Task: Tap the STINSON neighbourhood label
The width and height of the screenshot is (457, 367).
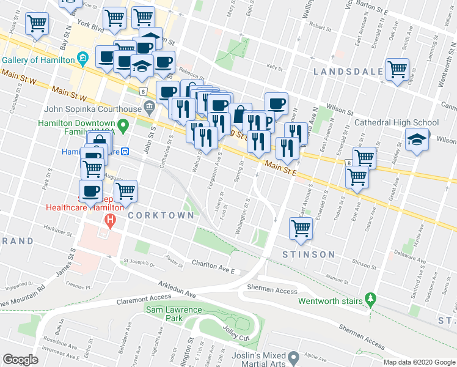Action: tap(309, 254)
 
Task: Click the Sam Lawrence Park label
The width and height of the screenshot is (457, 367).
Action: tap(174, 314)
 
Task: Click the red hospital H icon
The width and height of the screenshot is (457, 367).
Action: tap(110, 221)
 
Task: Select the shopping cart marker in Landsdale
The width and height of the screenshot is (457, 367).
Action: tap(397, 69)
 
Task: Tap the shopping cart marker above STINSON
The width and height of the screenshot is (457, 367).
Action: tap(301, 228)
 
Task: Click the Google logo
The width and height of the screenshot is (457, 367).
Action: tap(21, 359)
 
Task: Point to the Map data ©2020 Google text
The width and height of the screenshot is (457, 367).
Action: tap(419, 362)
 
